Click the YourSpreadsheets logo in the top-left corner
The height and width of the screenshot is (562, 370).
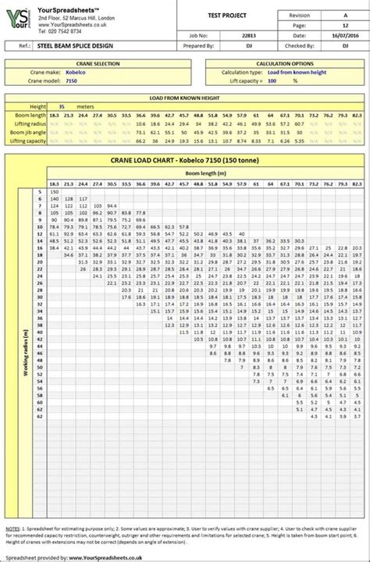click(x=20, y=20)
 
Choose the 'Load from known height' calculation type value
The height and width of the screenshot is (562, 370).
click(x=287, y=71)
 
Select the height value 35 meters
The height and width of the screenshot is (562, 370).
click(x=62, y=105)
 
